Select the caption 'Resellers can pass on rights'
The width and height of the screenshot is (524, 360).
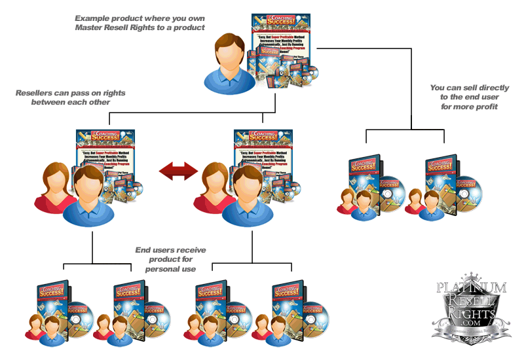(x=71, y=93)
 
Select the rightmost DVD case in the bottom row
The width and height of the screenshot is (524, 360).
(x=285, y=301)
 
